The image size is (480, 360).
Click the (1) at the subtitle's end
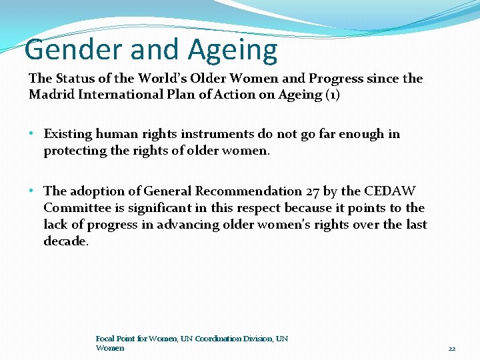(332, 94)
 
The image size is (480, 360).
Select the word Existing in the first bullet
(68, 134)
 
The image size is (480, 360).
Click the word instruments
(228, 134)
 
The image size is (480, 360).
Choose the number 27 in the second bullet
(313, 191)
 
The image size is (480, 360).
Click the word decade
(65, 241)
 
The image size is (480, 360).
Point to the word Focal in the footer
(105, 339)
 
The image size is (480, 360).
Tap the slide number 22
(451, 348)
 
